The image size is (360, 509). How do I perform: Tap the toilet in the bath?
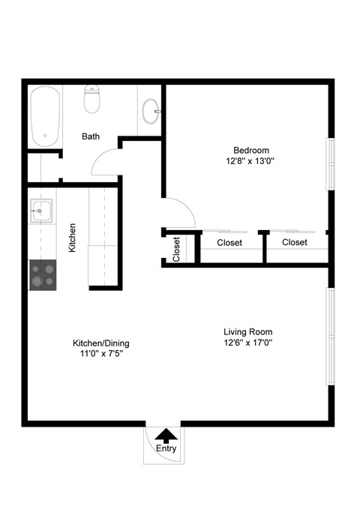pos(92,99)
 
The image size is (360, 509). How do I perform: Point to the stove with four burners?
pos(42,274)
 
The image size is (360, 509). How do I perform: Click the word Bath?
pos(91,137)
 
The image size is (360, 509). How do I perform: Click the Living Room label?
pos(247,331)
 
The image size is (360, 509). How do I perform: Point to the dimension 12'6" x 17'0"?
pos(247,343)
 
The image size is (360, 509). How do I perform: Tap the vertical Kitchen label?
pos(73,237)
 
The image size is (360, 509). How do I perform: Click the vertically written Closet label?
pos(176,249)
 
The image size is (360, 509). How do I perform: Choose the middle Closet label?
pos(229,243)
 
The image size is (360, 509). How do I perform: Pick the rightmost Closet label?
pos(295,243)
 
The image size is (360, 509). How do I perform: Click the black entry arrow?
pos(166,434)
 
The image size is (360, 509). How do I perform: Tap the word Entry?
pos(166,449)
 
